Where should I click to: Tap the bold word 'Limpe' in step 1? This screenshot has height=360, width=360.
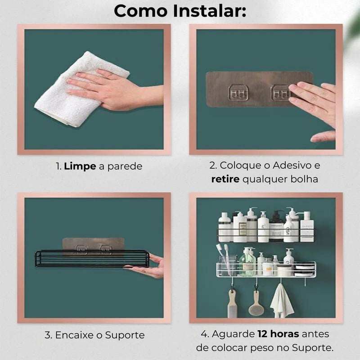pos(80,166)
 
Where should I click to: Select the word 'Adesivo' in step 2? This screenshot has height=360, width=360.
pos(293,165)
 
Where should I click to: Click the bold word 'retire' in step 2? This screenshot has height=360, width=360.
pos(225,179)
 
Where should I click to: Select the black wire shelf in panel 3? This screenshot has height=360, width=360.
pos(92,259)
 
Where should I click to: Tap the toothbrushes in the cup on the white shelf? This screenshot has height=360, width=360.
pos(224,256)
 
